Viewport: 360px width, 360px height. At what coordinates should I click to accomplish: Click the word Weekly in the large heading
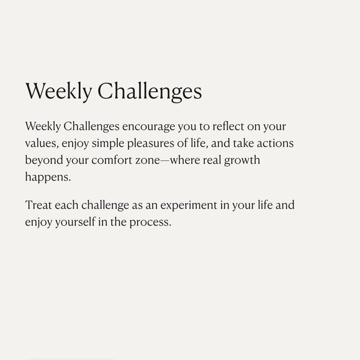[59, 91]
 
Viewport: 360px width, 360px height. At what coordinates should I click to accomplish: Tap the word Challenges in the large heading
[150, 91]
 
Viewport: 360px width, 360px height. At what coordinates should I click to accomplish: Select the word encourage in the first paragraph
[148, 127]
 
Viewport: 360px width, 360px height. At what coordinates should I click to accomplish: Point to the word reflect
[228, 126]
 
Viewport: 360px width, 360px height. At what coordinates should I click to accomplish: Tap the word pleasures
[151, 144]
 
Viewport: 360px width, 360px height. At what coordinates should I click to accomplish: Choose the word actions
[275, 143]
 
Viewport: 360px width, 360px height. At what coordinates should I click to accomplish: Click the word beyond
[44, 160]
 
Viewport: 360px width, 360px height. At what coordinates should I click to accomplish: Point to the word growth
[242, 161]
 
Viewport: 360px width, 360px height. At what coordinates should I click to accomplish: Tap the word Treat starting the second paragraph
[38, 205]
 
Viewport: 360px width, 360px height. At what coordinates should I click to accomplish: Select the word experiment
[189, 205]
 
